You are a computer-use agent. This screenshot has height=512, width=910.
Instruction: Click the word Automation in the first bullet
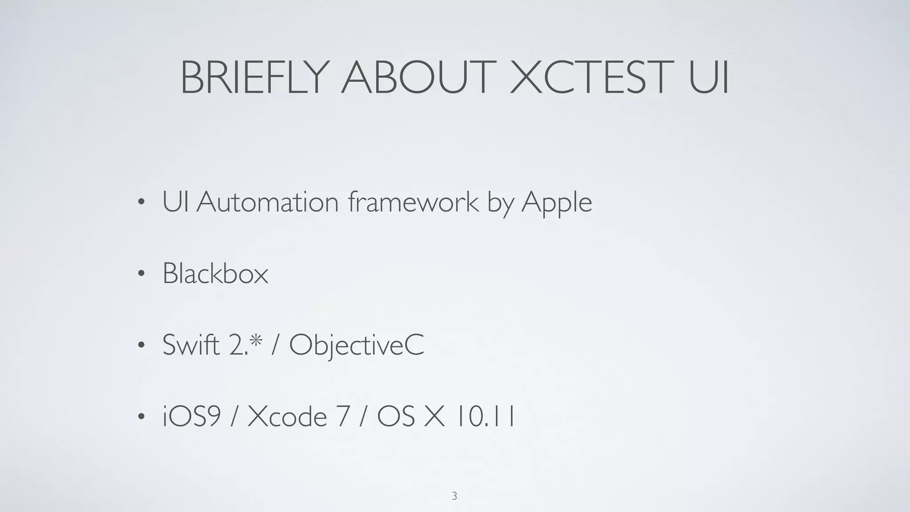267,202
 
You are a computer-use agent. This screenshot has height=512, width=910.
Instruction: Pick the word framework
414,202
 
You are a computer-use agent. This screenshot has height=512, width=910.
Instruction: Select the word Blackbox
216,273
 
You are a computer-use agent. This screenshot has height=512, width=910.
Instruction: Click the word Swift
191,344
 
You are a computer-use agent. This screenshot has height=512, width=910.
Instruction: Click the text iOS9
192,417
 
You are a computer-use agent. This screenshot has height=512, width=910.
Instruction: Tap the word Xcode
287,417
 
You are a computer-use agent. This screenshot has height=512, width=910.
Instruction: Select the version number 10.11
485,417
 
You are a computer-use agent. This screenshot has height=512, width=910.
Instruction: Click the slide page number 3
454,496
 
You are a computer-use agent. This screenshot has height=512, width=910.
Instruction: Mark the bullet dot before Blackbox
141,274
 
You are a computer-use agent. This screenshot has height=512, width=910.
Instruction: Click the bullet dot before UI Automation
141,203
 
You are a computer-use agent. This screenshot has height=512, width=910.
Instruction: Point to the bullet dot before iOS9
141,417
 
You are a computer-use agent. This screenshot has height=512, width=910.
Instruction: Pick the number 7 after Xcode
342,417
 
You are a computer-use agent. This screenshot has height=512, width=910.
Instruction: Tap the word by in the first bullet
500,204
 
